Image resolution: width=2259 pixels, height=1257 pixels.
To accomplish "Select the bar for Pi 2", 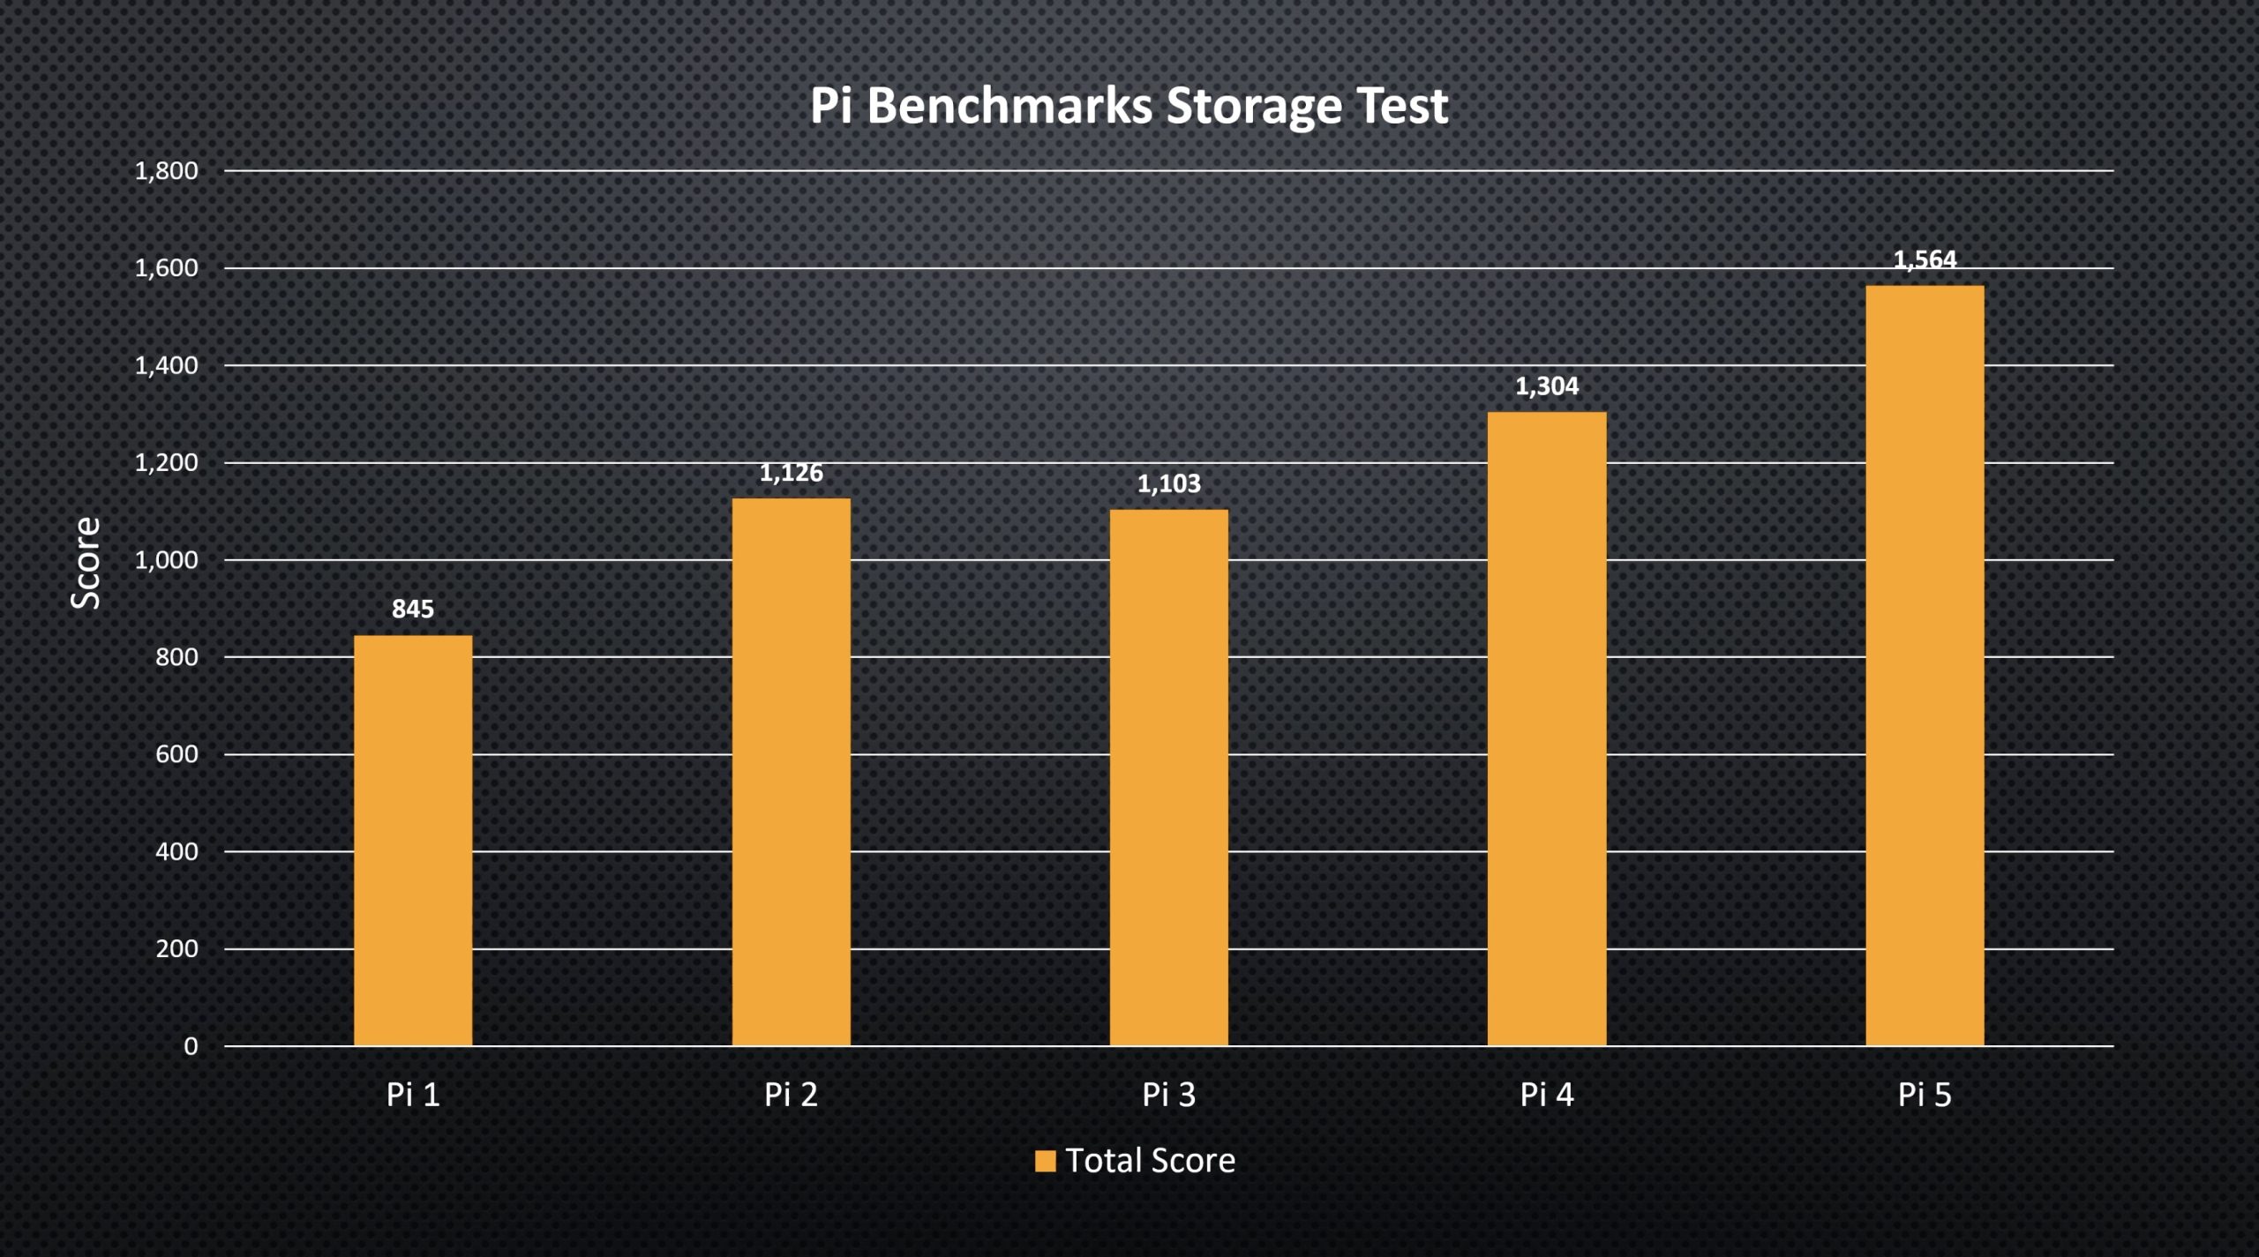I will [x=791, y=772].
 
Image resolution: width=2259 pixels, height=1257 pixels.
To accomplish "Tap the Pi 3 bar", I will [x=1168, y=777].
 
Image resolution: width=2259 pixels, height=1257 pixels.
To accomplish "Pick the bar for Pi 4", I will [x=1547, y=729].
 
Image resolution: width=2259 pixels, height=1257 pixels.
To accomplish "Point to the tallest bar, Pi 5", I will [x=1925, y=665].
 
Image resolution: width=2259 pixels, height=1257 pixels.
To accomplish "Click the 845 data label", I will [x=413, y=609].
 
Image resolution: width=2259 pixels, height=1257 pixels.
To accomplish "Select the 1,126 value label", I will [x=791, y=473].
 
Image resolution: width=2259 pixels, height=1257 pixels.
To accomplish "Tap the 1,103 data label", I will [x=1168, y=483].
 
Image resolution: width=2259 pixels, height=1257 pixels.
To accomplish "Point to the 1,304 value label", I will [x=1547, y=386].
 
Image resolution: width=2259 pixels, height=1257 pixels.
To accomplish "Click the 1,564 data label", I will [x=1925, y=260].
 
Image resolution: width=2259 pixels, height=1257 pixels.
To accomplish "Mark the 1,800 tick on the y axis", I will [x=166, y=171].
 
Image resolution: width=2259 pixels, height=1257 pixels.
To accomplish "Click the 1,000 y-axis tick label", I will [x=166, y=560].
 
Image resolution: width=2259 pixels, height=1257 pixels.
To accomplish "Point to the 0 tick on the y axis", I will [x=191, y=1046].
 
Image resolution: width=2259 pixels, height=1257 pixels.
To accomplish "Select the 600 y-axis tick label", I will [x=176, y=754].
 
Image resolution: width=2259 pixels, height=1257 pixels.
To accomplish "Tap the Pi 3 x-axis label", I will [x=1168, y=1095].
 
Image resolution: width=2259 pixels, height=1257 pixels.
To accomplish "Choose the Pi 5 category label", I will [x=1925, y=1095].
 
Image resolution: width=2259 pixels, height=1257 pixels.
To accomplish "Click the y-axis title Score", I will [x=86, y=563].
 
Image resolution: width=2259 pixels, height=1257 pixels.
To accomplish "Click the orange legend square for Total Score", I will [x=1045, y=1161].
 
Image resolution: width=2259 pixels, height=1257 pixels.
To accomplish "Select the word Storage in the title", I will [x=1254, y=107].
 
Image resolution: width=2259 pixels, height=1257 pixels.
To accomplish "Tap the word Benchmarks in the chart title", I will [x=1009, y=105].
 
